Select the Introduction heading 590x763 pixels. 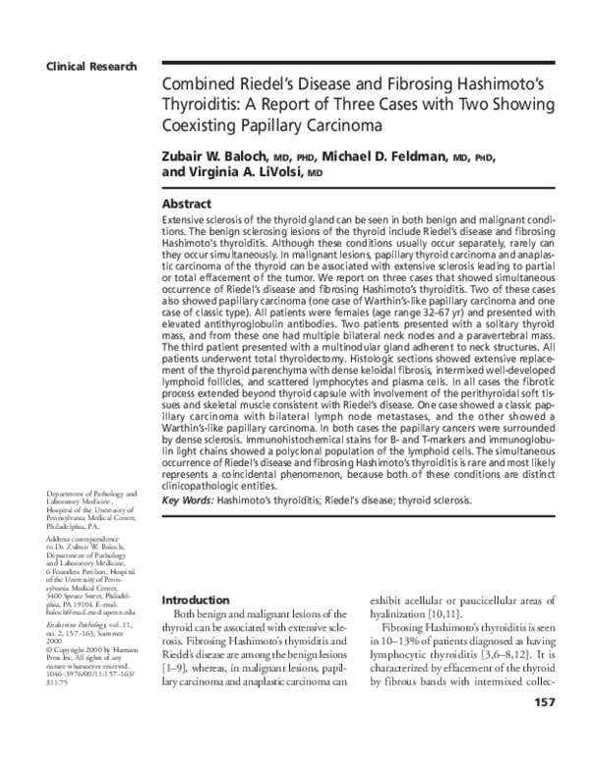pyautogui.click(x=196, y=599)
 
